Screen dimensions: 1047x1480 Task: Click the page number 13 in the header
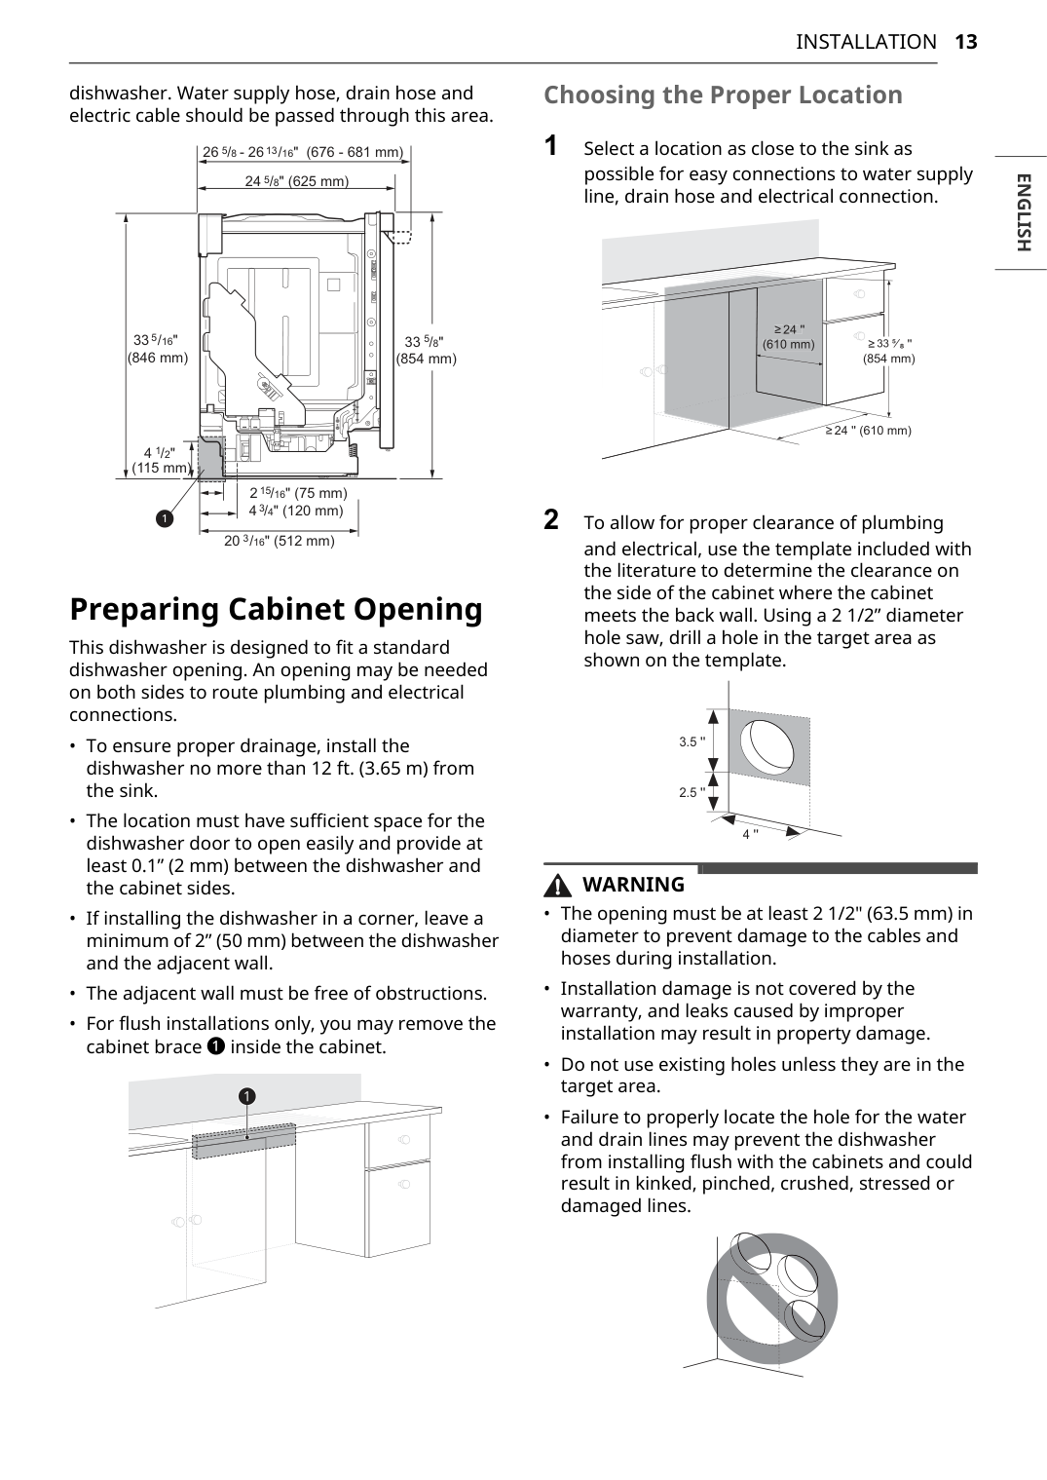[966, 42]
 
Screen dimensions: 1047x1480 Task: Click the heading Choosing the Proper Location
[723, 95]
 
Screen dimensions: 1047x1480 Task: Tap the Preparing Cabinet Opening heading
[277, 609]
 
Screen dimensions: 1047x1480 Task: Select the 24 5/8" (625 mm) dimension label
[297, 181]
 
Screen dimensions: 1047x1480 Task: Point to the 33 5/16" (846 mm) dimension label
[157, 349]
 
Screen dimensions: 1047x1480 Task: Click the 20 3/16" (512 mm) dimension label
[280, 541]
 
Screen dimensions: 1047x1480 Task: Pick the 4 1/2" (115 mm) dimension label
[161, 461]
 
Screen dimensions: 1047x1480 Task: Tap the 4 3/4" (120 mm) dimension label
[296, 511]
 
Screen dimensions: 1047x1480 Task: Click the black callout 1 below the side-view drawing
[165, 518]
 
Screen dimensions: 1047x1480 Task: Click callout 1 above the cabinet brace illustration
[246, 1096]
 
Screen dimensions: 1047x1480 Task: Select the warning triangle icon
[557, 885]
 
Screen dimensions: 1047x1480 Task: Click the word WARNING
[633, 884]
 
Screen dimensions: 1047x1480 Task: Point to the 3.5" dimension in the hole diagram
[692, 742]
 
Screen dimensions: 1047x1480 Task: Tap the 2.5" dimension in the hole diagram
[692, 792]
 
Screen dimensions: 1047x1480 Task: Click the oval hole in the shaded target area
[767, 744]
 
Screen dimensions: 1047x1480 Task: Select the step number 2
[551, 519]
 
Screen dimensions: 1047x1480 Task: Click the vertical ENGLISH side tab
[1023, 212]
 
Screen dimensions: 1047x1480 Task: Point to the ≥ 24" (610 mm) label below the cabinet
[868, 431]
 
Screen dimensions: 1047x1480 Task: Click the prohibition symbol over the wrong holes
[772, 1299]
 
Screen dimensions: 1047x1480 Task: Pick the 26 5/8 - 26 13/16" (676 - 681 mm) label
[303, 152]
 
